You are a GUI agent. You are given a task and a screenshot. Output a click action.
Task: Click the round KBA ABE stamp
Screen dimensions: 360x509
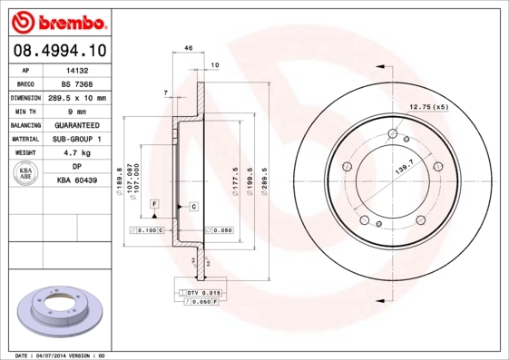click(27, 174)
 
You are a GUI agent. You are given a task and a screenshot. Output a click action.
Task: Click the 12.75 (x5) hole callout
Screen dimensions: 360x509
click(428, 108)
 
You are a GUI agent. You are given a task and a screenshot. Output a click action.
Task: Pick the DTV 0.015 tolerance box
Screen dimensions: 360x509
click(202, 294)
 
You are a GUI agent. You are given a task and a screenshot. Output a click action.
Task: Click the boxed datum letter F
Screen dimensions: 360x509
click(155, 203)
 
